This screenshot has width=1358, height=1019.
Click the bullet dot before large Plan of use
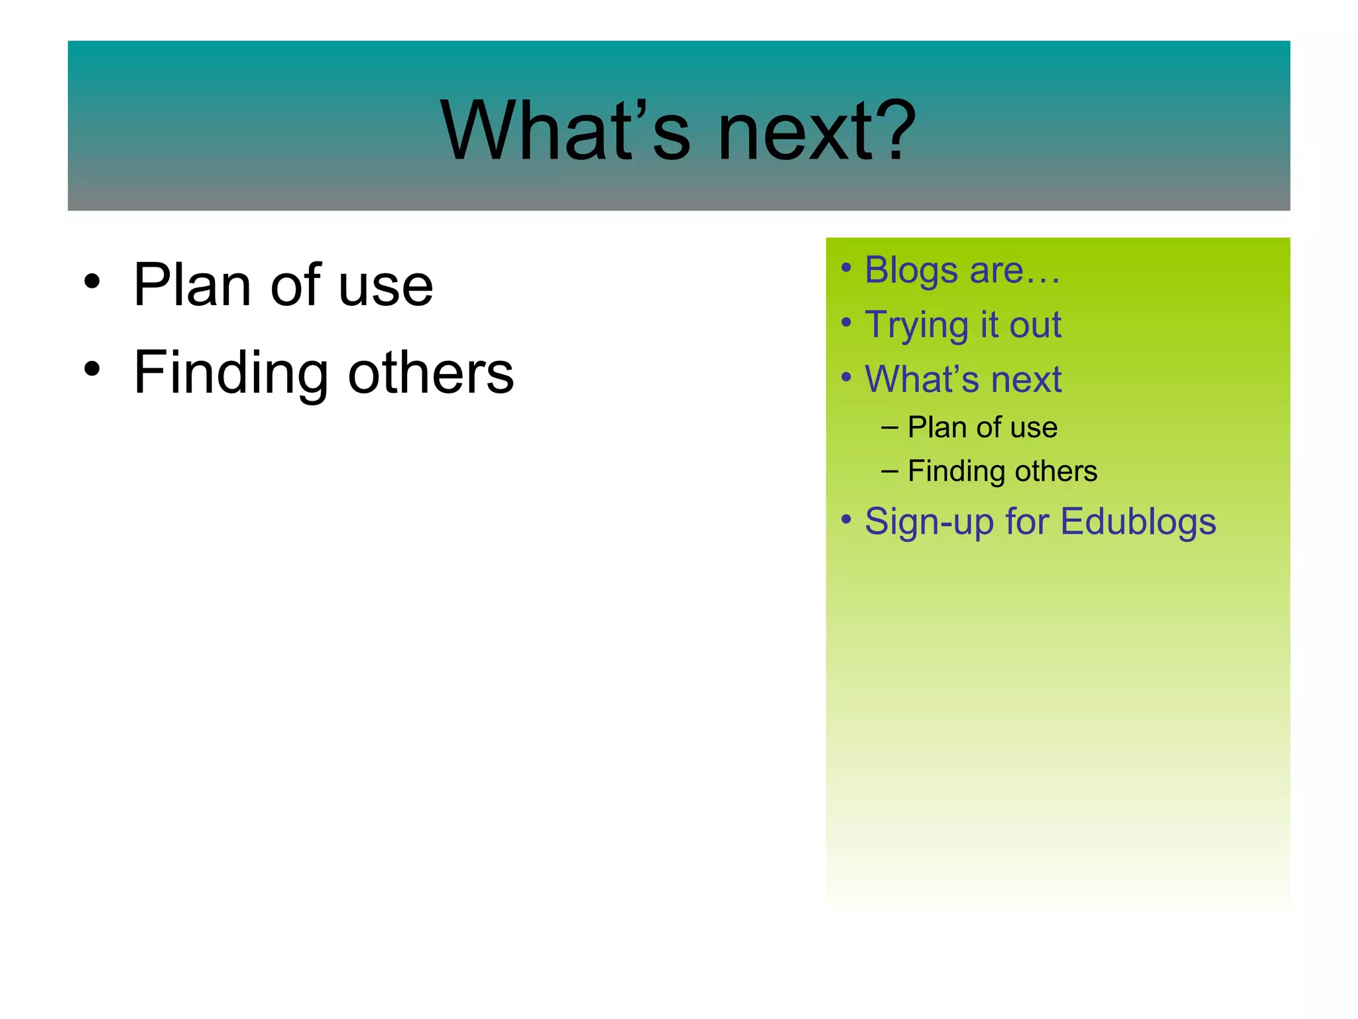[x=92, y=281]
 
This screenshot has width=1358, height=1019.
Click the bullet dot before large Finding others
[x=92, y=368]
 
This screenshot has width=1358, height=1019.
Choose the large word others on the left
[x=430, y=373]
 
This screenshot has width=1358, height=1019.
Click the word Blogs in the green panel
[x=911, y=271]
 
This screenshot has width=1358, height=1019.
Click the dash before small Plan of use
[x=889, y=428]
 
